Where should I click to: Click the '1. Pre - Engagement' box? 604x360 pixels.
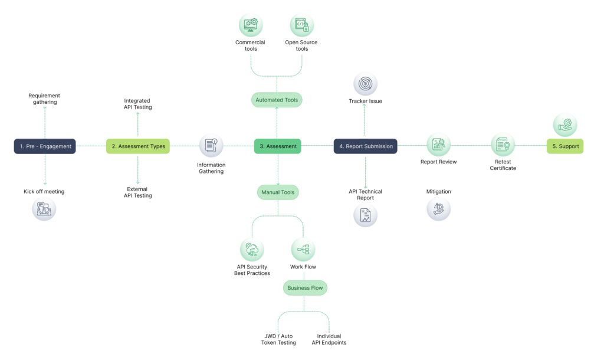click(45, 146)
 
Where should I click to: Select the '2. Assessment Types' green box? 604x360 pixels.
click(137, 146)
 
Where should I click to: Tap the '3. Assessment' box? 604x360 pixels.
click(277, 146)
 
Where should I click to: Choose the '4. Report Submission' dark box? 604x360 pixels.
click(365, 146)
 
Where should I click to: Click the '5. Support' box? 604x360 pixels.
click(564, 146)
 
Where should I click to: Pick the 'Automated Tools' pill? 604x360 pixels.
click(277, 100)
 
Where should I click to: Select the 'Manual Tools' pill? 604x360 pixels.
click(277, 192)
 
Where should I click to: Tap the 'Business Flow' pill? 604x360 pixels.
click(304, 288)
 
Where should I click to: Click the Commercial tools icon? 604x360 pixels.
click(250, 25)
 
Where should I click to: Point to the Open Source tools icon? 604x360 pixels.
click(301, 25)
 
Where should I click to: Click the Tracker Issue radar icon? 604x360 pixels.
click(365, 84)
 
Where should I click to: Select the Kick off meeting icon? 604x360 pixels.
click(44, 209)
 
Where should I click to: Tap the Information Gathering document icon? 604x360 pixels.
click(211, 146)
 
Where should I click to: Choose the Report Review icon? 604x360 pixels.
click(438, 144)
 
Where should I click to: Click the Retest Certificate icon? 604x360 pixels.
click(503, 144)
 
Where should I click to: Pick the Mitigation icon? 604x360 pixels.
click(438, 209)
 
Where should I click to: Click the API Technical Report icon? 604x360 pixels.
click(365, 215)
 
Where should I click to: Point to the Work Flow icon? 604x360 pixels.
click(303, 250)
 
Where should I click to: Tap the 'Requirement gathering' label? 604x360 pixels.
click(44, 99)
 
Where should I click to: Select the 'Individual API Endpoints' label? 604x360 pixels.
click(329, 339)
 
